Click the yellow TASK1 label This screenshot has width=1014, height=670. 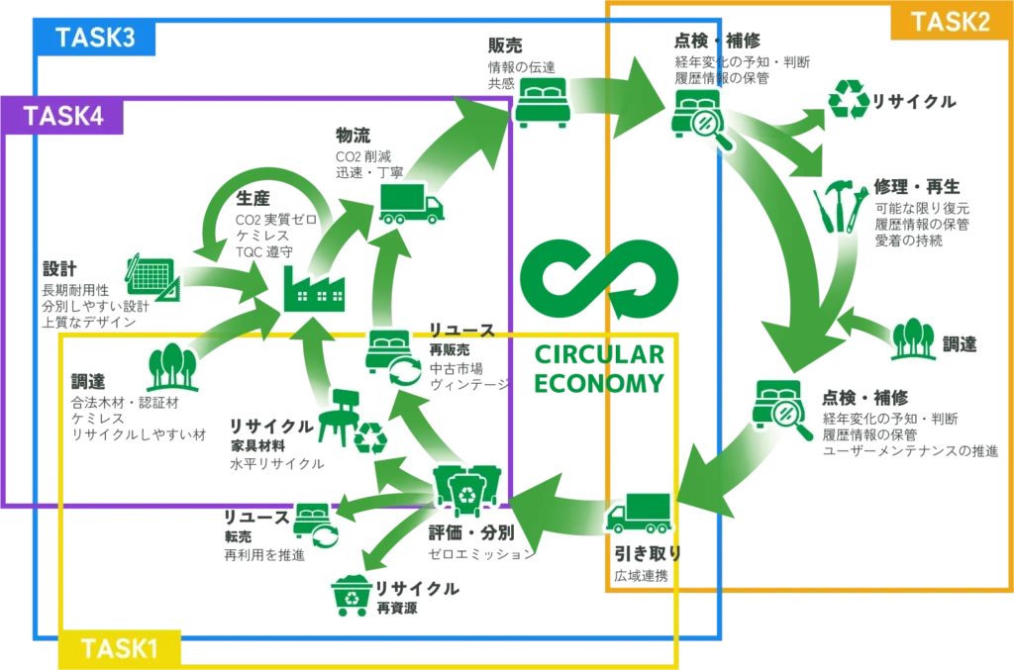click(120, 648)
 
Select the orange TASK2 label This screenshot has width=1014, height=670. click(950, 23)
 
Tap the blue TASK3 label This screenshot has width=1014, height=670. click(95, 39)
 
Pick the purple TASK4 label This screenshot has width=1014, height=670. click(63, 116)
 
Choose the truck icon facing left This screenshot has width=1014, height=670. click(639, 515)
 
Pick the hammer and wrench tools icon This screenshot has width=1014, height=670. click(841, 207)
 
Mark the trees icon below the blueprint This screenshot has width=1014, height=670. click(173, 367)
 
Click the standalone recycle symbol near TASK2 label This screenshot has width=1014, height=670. click(849, 100)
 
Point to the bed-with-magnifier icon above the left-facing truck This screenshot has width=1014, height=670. click(782, 406)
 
